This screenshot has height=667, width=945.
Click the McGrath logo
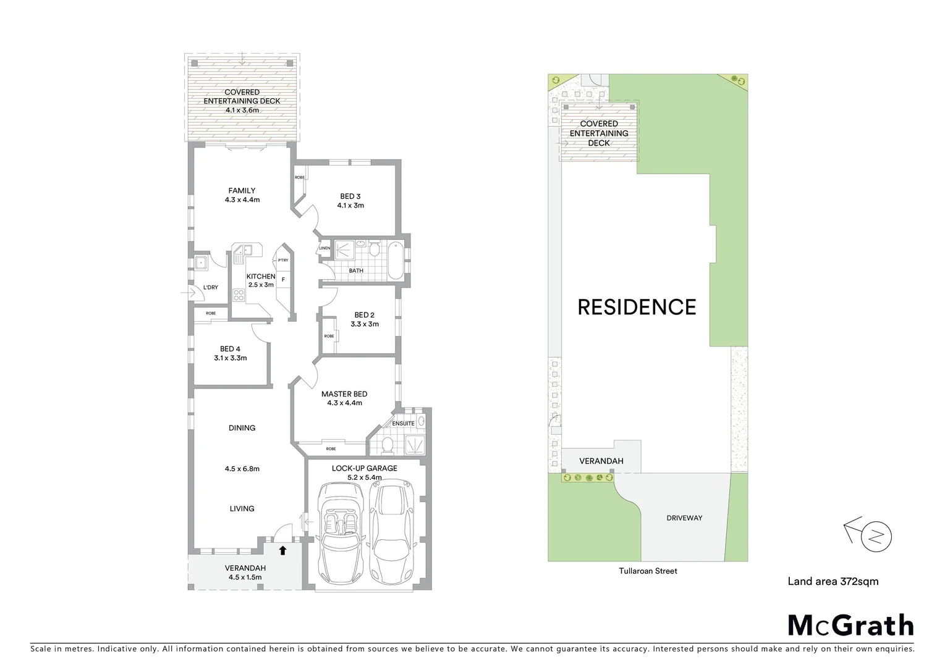(850, 625)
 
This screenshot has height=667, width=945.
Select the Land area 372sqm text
(833, 581)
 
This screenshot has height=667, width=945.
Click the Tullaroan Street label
(648, 571)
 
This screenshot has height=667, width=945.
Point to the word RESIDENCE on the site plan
(637, 307)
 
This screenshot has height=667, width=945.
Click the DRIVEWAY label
(684, 518)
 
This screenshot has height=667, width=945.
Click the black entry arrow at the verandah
(283, 550)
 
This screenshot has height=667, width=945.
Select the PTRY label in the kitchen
(283, 260)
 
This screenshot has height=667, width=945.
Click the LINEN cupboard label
(324, 248)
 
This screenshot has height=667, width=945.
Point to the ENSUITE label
(403, 424)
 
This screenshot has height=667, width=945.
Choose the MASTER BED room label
(344, 394)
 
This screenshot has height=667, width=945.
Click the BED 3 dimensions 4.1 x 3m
(350, 206)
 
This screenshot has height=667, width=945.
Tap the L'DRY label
(211, 287)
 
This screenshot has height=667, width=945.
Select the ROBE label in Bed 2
(329, 337)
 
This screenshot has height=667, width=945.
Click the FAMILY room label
(242, 191)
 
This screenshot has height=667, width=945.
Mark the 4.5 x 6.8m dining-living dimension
(242, 469)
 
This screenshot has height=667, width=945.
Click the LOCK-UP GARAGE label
(364, 468)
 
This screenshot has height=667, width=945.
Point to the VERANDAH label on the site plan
(601, 461)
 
